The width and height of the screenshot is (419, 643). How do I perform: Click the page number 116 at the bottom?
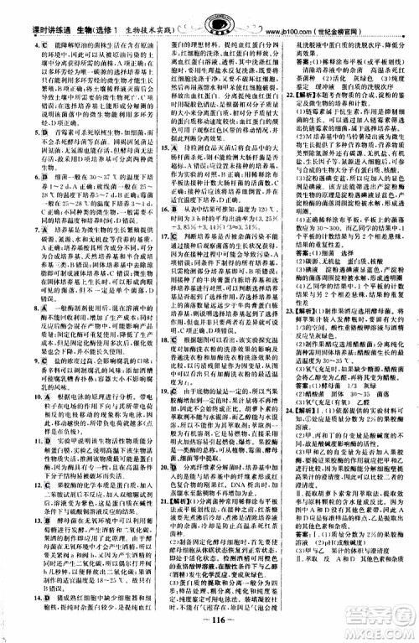click(210, 626)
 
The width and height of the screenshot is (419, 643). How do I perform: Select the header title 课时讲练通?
click(33, 16)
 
